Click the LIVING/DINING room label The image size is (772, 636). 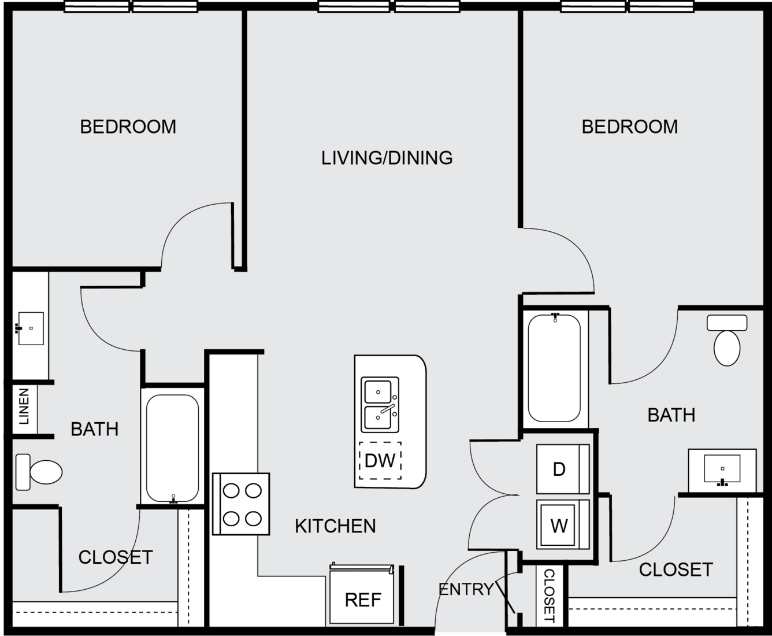tap(387, 158)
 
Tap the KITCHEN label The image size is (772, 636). tap(335, 526)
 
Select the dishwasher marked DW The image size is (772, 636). tap(380, 460)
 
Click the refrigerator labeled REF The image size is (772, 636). tap(362, 594)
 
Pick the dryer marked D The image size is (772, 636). tap(563, 469)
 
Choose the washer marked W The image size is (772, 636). tap(563, 524)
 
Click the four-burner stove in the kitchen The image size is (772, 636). tap(241, 504)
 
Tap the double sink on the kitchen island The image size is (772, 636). tap(380, 405)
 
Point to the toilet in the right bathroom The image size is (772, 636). tap(727, 341)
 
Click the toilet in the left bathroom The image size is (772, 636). tap(39, 472)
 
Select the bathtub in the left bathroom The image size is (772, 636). tap(172, 449)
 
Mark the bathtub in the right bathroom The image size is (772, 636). tap(554, 368)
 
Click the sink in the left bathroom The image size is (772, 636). tap(31, 328)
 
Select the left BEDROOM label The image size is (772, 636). tap(128, 127)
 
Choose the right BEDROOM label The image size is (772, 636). tap(630, 127)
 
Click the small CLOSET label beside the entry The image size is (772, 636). tap(549, 596)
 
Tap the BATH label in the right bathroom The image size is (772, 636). tap(671, 416)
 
